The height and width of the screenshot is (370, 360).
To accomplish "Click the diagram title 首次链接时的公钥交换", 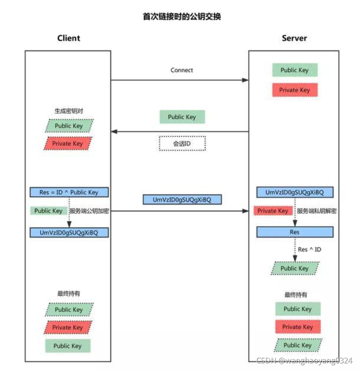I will click(x=182, y=17).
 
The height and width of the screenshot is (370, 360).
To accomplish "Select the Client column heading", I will click(x=69, y=38).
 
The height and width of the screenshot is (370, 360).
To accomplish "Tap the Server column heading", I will click(x=294, y=38).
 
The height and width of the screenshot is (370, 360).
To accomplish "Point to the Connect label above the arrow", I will click(x=182, y=70).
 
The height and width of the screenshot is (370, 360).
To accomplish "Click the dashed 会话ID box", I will click(x=182, y=143).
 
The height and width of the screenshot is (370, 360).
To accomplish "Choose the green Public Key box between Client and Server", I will click(x=182, y=117).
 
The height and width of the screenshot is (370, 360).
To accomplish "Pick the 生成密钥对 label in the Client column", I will click(x=69, y=112).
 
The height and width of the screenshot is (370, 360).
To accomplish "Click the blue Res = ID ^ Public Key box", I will click(x=69, y=192).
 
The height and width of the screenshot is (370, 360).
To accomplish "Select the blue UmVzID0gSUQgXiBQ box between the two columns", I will click(x=182, y=200).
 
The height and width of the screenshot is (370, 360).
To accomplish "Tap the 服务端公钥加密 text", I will click(x=89, y=211).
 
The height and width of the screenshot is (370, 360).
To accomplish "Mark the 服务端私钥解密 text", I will click(x=317, y=211).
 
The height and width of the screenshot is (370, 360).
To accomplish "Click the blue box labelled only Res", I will click(x=295, y=232).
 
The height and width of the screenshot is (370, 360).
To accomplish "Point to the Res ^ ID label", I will click(x=310, y=249).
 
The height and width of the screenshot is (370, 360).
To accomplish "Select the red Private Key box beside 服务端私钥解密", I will click(x=273, y=211).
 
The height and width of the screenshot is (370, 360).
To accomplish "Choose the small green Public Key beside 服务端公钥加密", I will click(x=49, y=211).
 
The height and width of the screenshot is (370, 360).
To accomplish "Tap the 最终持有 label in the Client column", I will click(x=69, y=294).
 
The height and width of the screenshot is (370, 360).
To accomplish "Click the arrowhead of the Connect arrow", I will click(x=245, y=80).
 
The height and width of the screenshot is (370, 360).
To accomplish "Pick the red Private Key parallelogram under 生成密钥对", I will click(x=68, y=143).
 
